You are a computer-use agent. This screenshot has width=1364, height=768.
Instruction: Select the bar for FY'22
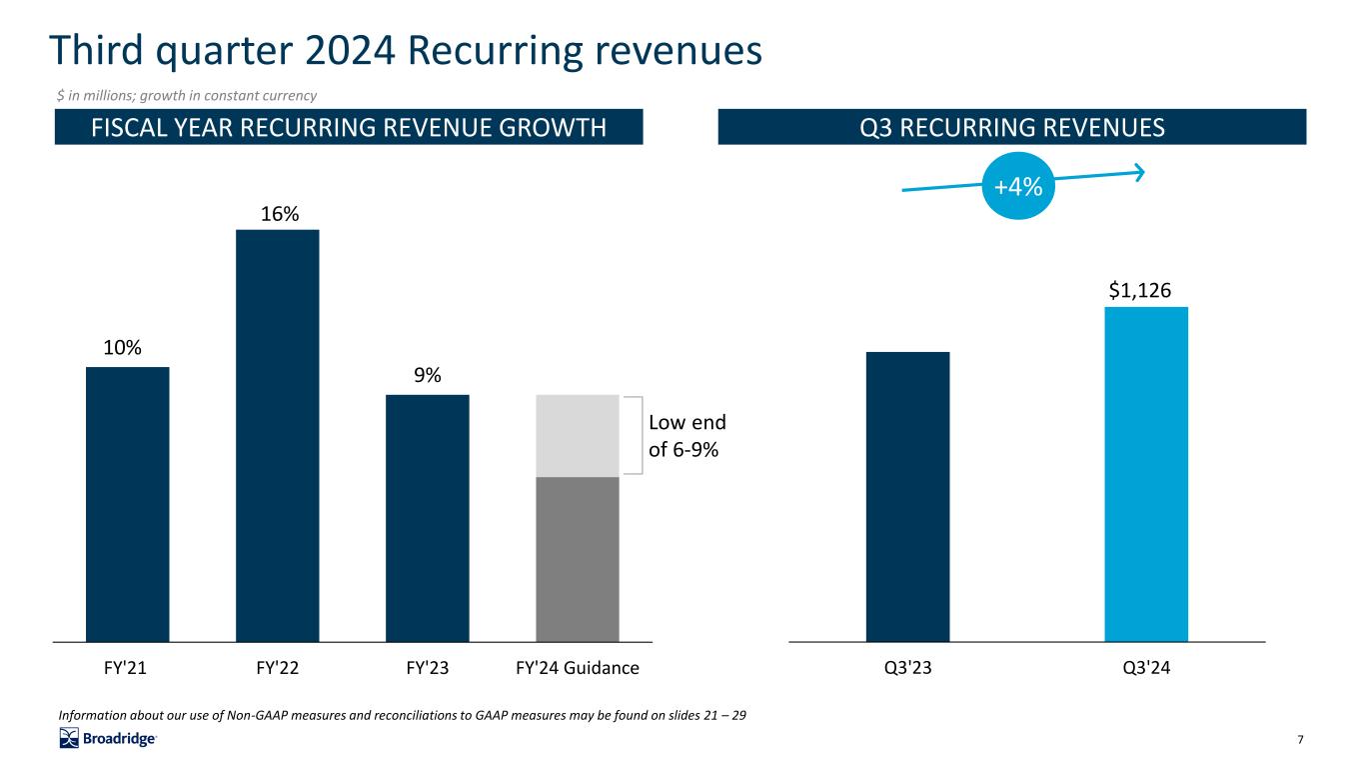click(277, 435)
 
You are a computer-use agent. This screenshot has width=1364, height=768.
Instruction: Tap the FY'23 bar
click(427, 517)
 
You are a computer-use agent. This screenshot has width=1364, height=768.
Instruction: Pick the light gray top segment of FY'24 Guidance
click(578, 435)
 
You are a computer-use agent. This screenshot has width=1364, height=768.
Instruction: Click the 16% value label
click(277, 214)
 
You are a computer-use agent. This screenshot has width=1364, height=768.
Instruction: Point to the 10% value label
click(122, 348)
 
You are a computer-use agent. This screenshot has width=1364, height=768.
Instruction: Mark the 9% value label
click(429, 376)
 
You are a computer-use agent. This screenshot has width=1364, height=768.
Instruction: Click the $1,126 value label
click(1140, 290)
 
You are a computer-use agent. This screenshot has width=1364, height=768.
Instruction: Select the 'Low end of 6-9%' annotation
click(686, 436)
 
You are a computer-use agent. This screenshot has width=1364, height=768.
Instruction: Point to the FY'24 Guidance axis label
click(578, 667)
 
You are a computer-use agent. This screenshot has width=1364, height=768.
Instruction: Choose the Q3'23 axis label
click(907, 667)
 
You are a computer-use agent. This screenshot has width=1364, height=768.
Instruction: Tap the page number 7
click(1300, 739)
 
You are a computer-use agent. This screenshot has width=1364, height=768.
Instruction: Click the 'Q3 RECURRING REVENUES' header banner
click(1011, 127)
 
